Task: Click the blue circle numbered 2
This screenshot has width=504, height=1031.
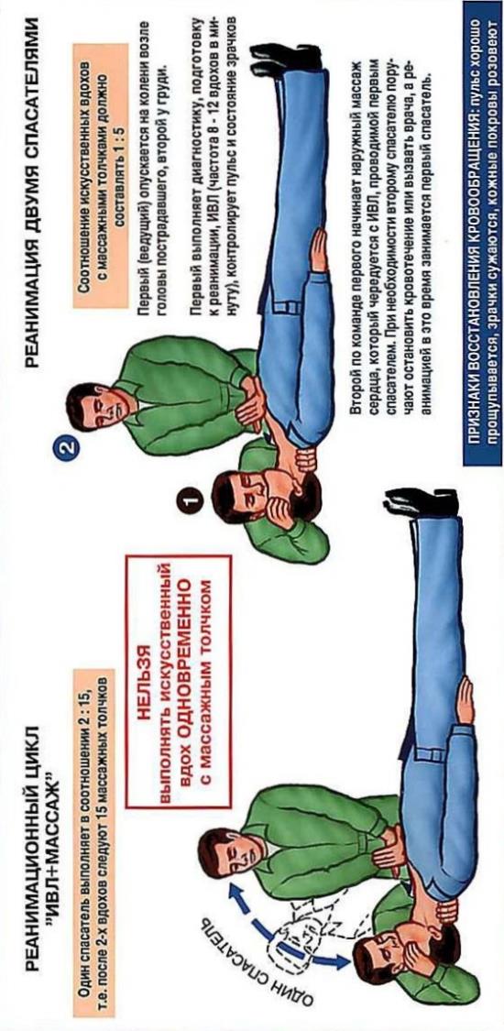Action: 69,450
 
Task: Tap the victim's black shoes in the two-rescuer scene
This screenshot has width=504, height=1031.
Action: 285,61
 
